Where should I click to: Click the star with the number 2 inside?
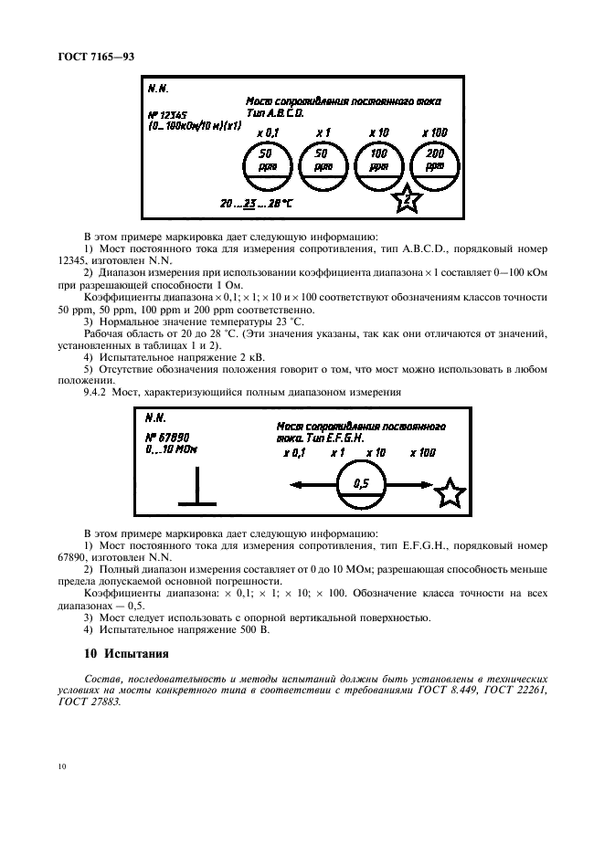point(408,198)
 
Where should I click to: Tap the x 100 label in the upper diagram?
point(434,132)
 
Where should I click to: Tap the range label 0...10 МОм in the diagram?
point(171,449)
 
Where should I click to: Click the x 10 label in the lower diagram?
point(376,452)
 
